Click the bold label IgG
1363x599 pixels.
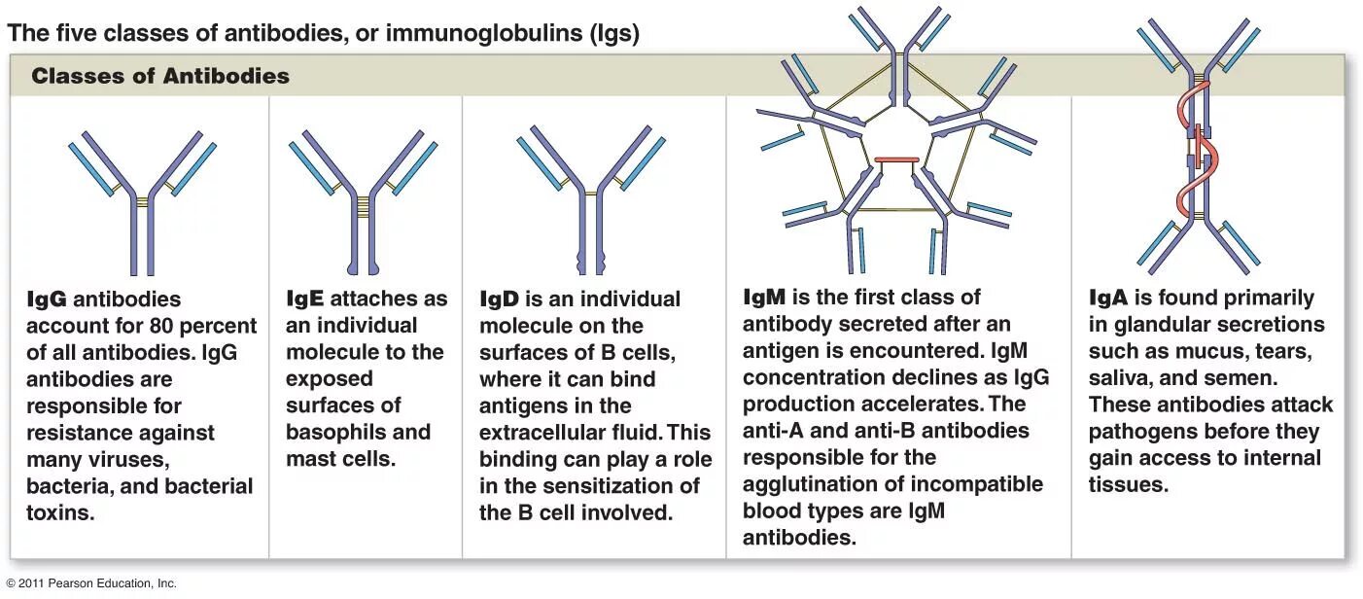[x=47, y=299]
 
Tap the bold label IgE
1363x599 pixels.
[x=305, y=299]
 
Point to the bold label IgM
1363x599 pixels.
[x=764, y=298]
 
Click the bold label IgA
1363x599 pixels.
[x=1107, y=299]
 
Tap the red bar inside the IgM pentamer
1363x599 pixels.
[x=895, y=159]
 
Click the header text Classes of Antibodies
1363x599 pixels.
[x=160, y=76]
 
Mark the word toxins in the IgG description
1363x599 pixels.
[x=60, y=512]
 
